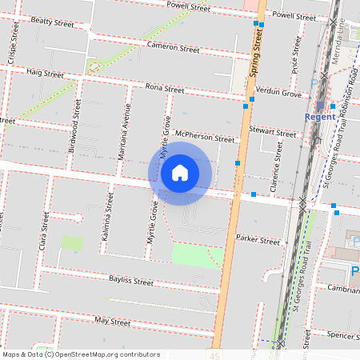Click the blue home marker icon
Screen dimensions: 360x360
[180, 172]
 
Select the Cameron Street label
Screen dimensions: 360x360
[174, 48]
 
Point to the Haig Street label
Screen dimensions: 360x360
[45, 74]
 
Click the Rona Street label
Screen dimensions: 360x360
[165, 87]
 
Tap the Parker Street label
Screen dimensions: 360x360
[258, 239]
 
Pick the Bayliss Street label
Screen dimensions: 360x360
[130, 282]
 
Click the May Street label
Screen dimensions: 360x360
[112, 322]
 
